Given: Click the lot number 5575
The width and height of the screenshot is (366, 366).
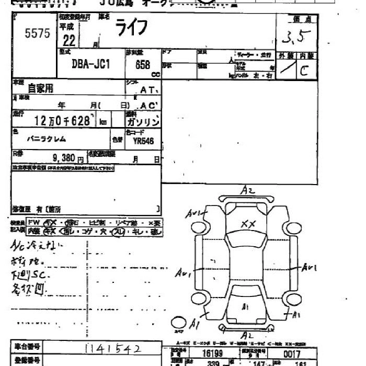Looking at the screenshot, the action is pos(37,34).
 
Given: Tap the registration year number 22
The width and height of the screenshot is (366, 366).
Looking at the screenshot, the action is pos(68,40).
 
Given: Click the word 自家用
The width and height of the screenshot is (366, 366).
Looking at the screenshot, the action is pos(40,88).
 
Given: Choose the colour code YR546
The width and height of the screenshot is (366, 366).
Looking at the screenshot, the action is pos(143,140).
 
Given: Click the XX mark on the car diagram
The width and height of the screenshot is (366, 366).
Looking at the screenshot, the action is pos(247,223).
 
